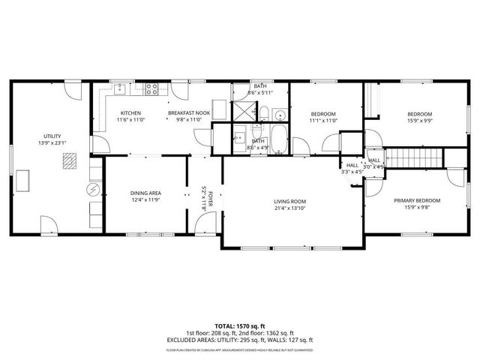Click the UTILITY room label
tap(51, 136)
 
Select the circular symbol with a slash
tap(94, 188)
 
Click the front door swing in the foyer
tap(201, 223)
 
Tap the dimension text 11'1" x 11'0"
tap(323, 120)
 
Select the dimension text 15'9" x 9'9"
tap(419, 120)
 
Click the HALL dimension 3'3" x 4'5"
tap(352, 172)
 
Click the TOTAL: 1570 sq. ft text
tap(240, 326)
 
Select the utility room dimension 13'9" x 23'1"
tap(51, 142)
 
